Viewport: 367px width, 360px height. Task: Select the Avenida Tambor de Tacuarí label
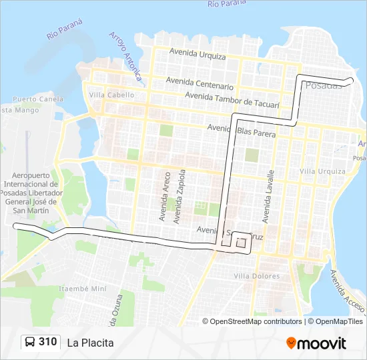pos(232,99)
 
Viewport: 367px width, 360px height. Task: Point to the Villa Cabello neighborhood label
pos(111,95)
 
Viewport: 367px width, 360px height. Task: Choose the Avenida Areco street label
pos(163,196)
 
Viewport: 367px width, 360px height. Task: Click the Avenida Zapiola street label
pos(178,196)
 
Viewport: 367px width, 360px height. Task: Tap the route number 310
pos(47,342)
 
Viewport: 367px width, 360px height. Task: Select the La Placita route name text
pos(90,343)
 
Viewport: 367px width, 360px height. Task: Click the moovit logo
pos(316,343)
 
